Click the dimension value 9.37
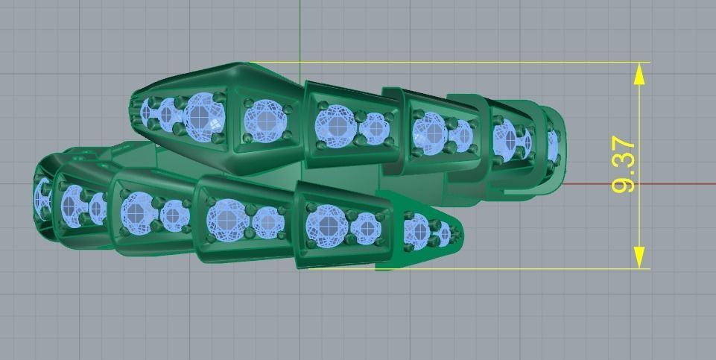pyautogui.click(x=623, y=165)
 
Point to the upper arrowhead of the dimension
pyautogui.click(x=639, y=75)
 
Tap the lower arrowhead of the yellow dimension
pyautogui.click(x=639, y=257)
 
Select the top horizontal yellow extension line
pyautogui.click(x=447, y=63)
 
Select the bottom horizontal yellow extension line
pyautogui.click(x=522, y=269)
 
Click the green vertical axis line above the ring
pyautogui.click(x=300, y=30)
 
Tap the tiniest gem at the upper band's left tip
pyautogui.click(x=147, y=113)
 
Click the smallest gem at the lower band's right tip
pyautogui.click(x=445, y=234)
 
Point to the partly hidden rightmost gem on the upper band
pyautogui.click(x=553, y=145)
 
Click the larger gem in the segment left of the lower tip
pyautogui.click(x=326, y=225)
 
